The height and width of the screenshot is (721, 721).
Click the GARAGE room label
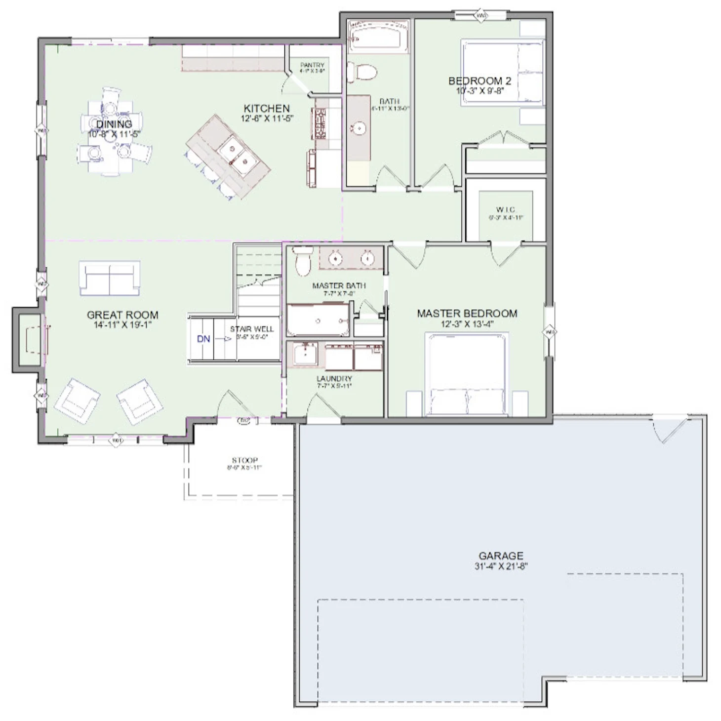point(500,556)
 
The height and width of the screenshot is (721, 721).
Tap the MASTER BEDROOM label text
point(467,314)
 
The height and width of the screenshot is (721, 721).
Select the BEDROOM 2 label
point(480,81)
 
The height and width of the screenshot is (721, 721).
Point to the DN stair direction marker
point(203,339)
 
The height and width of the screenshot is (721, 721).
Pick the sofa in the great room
point(109,278)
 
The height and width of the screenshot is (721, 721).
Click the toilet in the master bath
point(302,261)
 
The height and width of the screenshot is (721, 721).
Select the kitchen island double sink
point(237,154)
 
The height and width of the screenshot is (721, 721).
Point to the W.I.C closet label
point(505,210)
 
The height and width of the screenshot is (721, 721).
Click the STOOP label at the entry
point(244,460)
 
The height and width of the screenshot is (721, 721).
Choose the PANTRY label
point(312,65)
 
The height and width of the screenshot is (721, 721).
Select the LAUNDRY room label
point(334,379)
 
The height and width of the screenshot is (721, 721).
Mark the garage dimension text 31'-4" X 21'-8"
point(500,566)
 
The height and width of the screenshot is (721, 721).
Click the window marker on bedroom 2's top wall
point(481,16)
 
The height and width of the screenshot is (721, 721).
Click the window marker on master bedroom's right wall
point(549,332)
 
